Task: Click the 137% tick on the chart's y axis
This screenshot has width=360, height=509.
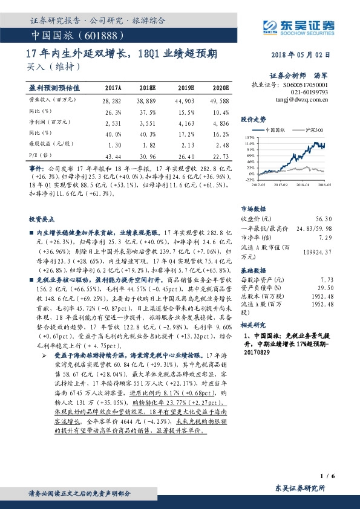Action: click(x=250, y=137)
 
